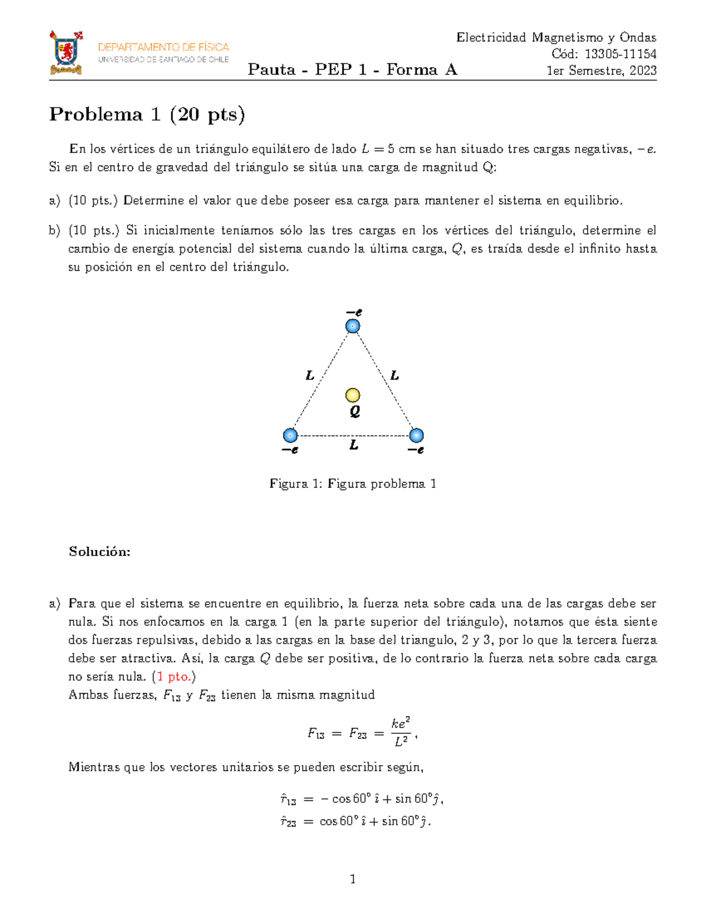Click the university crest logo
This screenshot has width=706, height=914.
[65, 53]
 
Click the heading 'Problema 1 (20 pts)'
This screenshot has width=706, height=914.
[146, 114]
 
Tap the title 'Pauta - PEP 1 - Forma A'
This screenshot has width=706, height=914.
[352, 70]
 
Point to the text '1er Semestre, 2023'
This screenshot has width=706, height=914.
[601, 71]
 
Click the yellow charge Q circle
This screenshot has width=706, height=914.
[352, 395]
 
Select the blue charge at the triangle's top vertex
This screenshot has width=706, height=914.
[352, 326]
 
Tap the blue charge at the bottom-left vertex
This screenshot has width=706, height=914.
[290, 436]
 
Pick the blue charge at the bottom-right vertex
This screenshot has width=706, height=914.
[416, 436]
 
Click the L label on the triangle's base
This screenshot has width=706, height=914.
[354, 446]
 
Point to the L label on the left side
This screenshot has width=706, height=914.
[309, 375]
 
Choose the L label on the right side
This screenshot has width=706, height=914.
[395, 375]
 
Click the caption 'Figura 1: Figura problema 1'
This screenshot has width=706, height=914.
[352, 484]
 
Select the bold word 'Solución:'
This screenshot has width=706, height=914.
[99, 551]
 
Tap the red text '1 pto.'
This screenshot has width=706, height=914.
[174, 677]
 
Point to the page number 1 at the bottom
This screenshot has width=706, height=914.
[352, 879]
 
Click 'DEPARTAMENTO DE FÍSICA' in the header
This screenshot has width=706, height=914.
[164, 47]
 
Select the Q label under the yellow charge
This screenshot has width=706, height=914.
[355, 411]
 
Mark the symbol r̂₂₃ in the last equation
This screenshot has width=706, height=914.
[288, 822]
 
